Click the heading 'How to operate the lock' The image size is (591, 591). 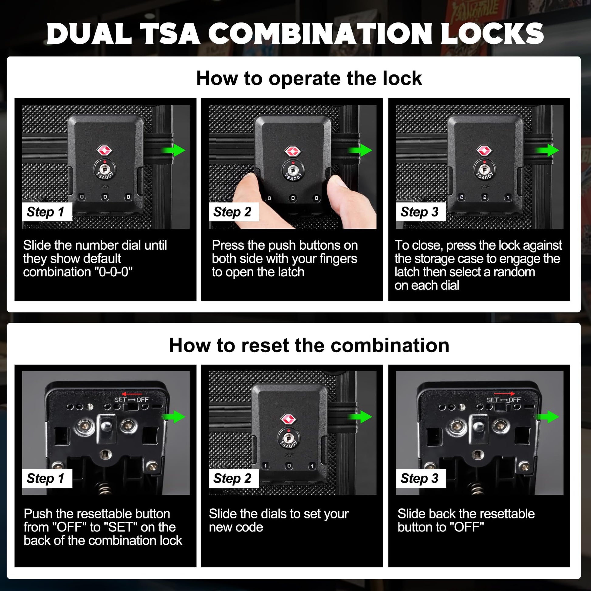point(309,78)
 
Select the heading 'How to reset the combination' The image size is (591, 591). point(309,345)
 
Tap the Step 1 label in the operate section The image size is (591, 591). point(47,212)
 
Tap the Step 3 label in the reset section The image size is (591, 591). point(421,478)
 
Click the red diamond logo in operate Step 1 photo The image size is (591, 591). point(105,150)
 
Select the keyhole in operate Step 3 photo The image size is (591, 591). point(484,169)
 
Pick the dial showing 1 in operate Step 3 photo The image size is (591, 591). point(508,197)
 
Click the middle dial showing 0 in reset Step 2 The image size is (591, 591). point(289,466)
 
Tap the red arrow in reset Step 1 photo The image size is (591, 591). point(132,394)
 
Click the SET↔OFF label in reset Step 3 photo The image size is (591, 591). point(504,400)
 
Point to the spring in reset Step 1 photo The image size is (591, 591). point(104,488)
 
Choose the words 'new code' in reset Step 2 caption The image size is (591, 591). point(236,527)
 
